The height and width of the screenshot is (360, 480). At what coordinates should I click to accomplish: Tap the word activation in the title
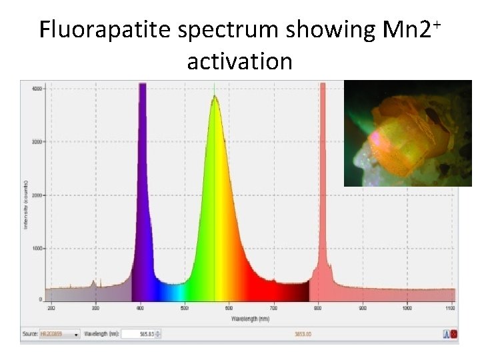[239, 61]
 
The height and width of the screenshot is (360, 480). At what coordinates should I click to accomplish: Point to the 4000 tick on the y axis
[37, 88]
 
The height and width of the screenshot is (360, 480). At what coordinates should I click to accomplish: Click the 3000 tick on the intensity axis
[37, 142]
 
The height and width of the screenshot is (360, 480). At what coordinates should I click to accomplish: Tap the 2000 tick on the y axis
[37, 195]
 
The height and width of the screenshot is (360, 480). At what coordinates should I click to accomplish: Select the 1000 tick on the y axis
[37, 249]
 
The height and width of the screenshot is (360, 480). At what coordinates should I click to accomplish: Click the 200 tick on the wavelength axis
[51, 309]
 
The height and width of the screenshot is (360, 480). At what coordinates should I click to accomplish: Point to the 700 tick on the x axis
[273, 309]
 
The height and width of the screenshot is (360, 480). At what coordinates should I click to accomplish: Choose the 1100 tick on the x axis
[451, 309]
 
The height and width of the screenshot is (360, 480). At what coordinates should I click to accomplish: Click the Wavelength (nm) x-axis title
[251, 319]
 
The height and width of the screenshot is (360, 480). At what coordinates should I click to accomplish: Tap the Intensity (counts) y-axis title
[25, 204]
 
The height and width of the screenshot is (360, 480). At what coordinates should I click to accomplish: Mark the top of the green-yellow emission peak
[214, 97]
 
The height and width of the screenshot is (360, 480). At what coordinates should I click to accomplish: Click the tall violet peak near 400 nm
[142, 133]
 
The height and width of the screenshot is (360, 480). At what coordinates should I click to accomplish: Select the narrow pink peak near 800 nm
[323, 133]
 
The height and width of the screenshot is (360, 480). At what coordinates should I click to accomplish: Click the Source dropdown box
[61, 334]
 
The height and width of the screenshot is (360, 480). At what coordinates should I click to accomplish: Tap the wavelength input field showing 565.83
[139, 334]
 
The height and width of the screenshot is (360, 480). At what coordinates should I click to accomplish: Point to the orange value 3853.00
[303, 334]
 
